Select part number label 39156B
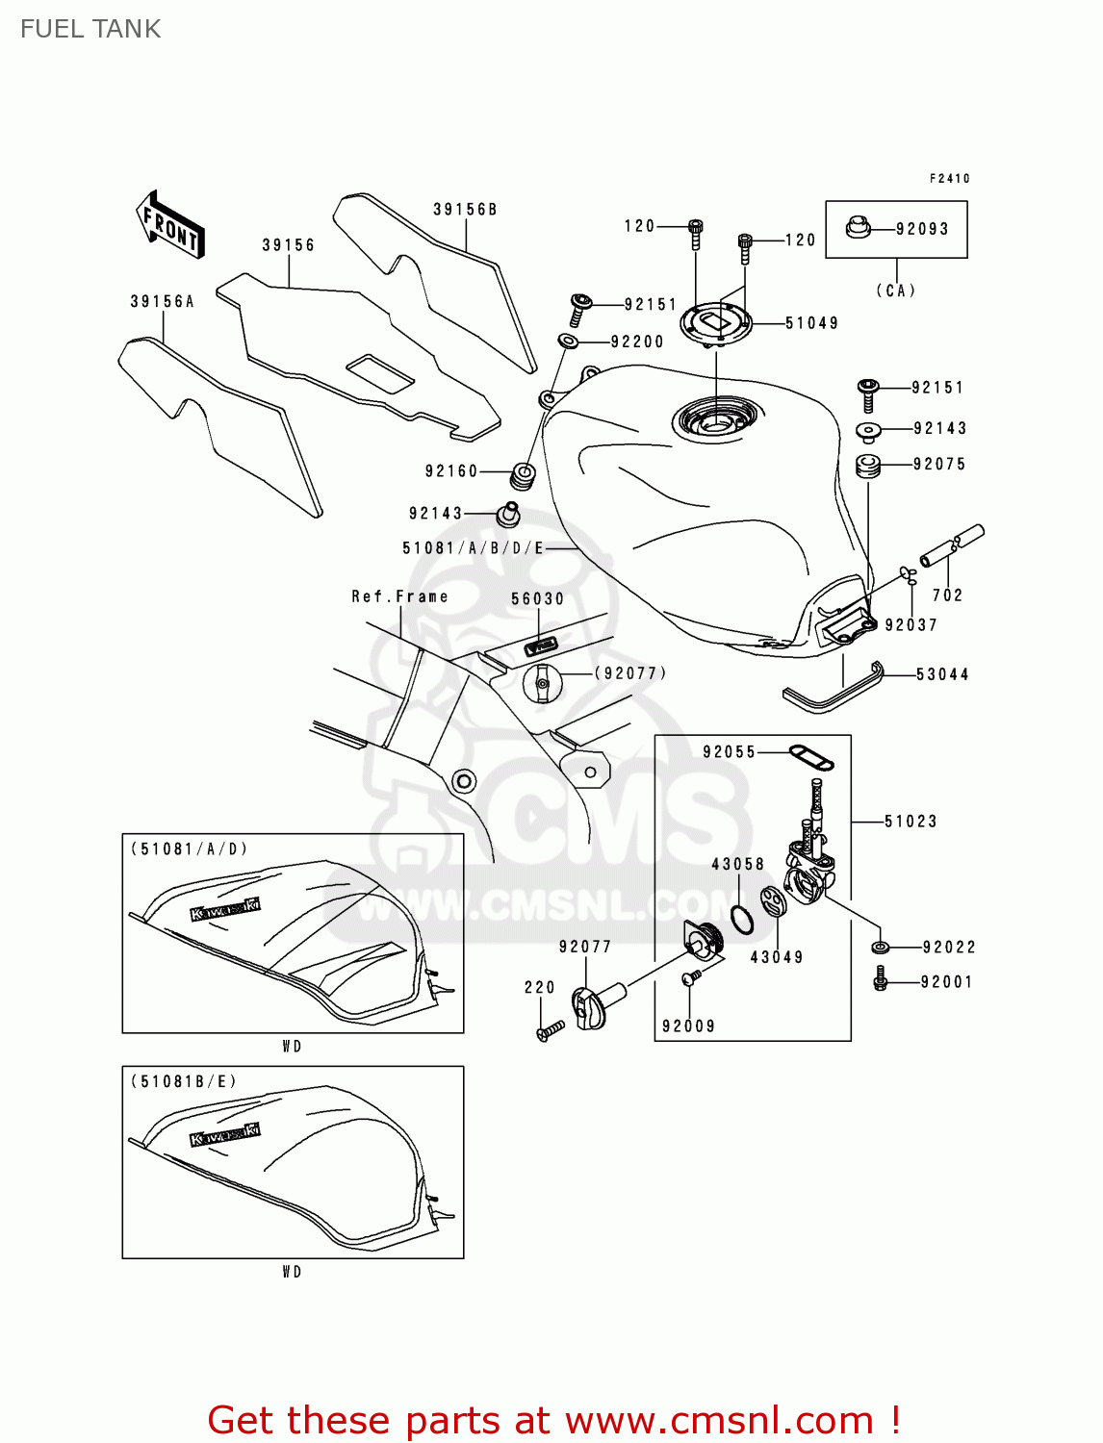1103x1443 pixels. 465,210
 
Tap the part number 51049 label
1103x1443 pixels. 811,323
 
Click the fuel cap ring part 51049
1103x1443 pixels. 714,321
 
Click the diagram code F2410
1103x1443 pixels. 949,178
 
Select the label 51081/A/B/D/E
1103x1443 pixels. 473,548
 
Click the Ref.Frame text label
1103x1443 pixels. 399,596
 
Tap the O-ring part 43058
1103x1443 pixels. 741,920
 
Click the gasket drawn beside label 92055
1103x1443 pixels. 810,757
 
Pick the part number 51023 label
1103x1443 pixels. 910,821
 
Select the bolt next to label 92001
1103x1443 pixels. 880,981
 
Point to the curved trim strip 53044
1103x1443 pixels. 834,690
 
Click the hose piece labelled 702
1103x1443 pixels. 952,544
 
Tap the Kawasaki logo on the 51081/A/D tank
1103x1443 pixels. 225,908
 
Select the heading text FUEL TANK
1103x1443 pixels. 90,29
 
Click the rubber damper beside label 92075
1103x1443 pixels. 868,466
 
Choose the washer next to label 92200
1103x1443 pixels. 568,341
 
